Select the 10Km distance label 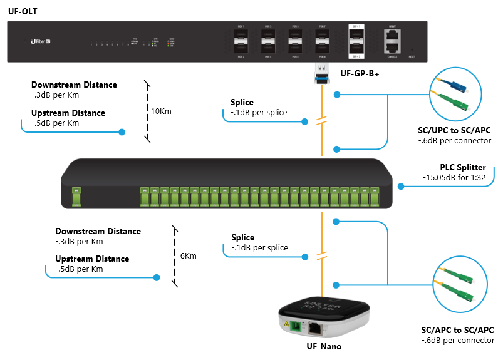[161, 111]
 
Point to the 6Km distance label [188, 255]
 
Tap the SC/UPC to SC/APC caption [454, 130]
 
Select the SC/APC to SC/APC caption [458, 330]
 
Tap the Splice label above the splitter [242, 102]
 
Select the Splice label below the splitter [242, 237]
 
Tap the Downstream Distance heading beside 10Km [74, 85]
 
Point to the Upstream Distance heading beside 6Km [92, 259]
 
